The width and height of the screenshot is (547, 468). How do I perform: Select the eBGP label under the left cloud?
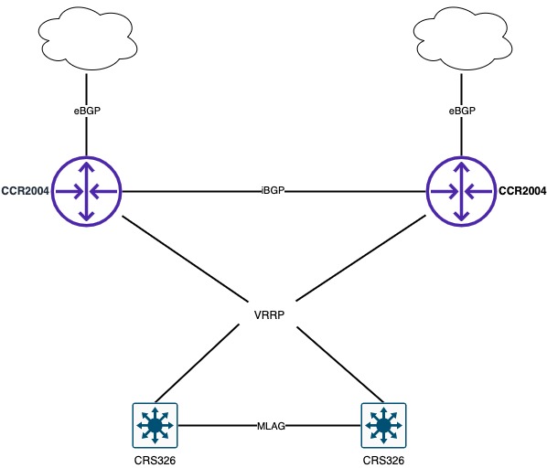[x=86, y=110]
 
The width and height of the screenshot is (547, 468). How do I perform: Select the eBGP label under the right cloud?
[x=462, y=110]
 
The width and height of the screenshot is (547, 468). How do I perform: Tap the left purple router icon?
[x=86, y=191]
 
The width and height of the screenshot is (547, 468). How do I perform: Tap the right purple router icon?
[x=462, y=191]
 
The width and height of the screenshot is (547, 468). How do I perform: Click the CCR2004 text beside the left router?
[x=26, y=191]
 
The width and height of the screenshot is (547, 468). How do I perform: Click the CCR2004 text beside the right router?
[x=521, y=191]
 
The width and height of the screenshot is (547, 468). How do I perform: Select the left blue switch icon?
[x=155, y=425]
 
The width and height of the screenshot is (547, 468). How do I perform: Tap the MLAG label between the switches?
[x=270, y=426]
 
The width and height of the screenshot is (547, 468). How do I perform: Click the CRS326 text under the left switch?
[x=155, y=459]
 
